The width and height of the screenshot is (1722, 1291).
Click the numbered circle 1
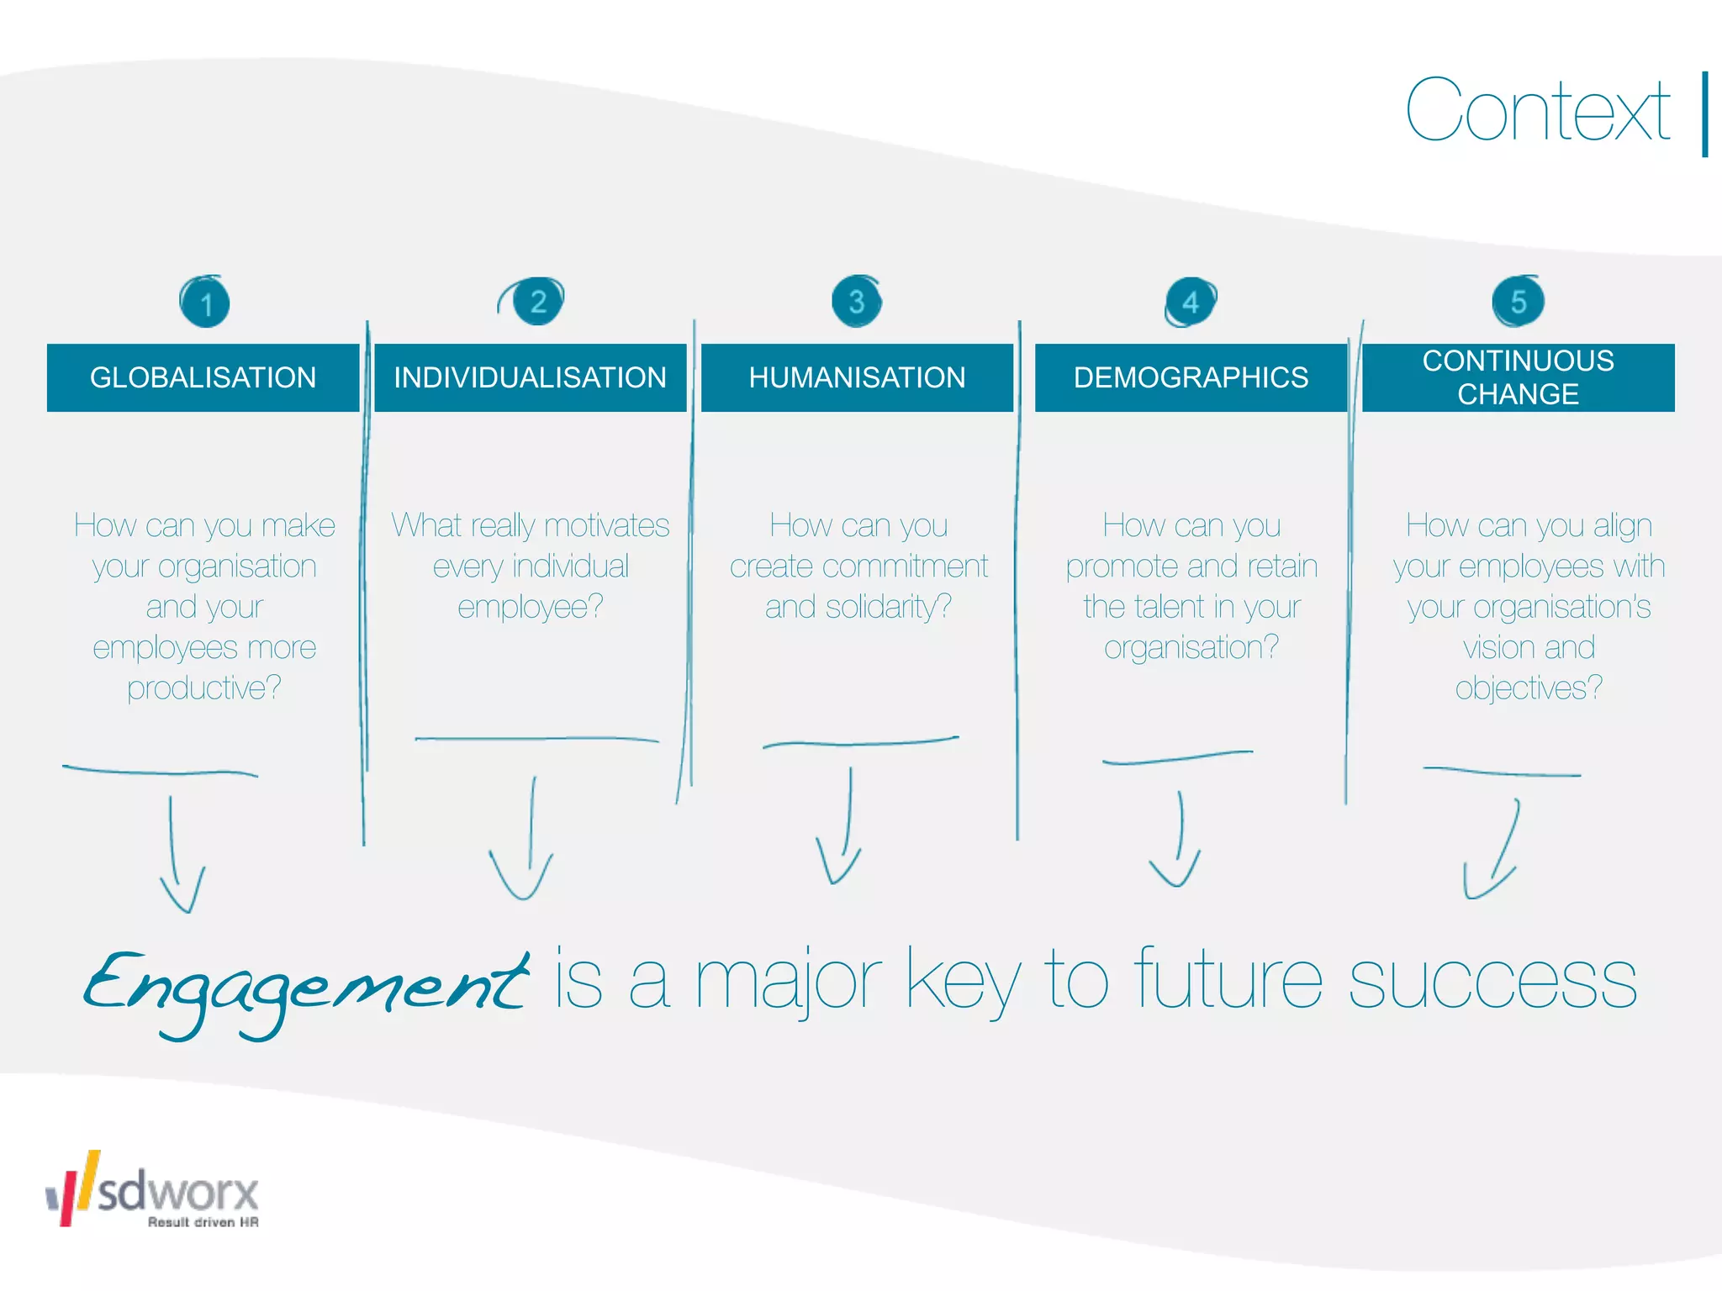point(204,303)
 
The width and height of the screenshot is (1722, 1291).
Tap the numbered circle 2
point(537,301)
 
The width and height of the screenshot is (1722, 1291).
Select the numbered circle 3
point(856,301)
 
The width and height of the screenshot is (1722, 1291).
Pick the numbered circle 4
point(1191,302)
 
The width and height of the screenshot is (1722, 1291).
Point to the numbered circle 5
point(1518,301)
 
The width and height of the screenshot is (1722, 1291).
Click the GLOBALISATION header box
point(203,377)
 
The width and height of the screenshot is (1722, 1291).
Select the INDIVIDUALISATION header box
point(530,377)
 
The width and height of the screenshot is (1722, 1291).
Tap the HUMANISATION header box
point(857,377)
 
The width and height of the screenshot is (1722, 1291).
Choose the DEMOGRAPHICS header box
point(1191,377)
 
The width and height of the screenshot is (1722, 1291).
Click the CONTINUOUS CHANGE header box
point(1518,377)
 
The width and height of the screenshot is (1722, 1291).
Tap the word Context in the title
point(1537,111)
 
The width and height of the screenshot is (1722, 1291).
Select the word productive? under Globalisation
point(204,688)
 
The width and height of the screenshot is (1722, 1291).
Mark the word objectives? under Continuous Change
point(1529,688)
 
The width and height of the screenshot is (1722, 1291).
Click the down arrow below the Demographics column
point(1177,840)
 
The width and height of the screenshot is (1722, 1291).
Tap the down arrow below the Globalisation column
point(178,857)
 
